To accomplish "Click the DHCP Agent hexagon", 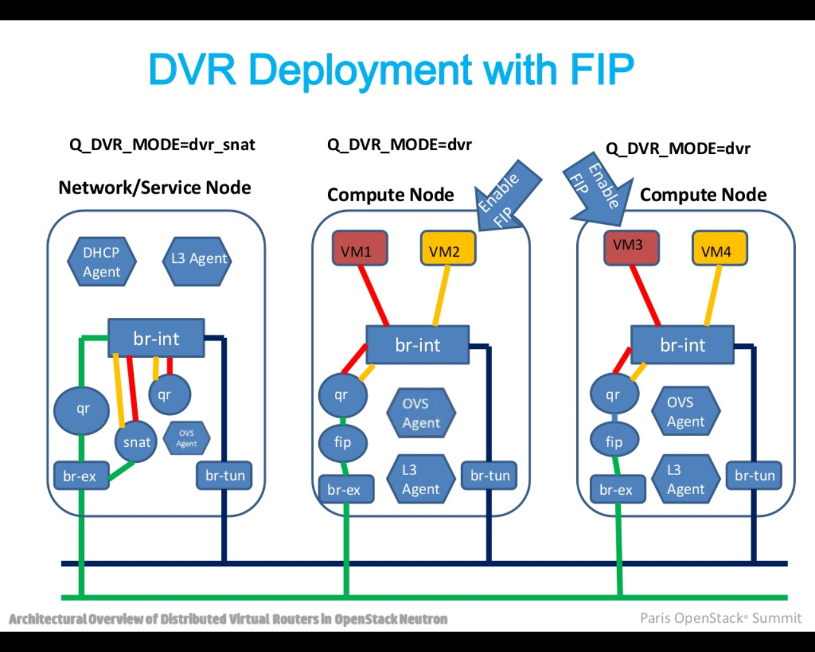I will click(102, 262).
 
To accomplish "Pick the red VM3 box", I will click(631, 248).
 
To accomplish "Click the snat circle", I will click(136, 442).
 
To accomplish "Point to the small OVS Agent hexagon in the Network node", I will click(187, 438).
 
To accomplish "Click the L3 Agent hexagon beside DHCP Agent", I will click(198, 259).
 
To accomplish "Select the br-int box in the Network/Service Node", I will click(156, 338).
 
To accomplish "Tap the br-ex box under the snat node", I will click(81, 476).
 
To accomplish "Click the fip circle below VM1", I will click(343, 442).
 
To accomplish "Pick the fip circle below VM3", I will click(614, 441).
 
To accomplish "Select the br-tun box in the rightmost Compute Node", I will click(755, 475).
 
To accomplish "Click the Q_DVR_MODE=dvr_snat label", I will click(162, 145).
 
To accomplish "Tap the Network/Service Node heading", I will click(155, 188).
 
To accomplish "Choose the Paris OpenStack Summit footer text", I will click(720, 618).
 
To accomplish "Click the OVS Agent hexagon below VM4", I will click(685, 412).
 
